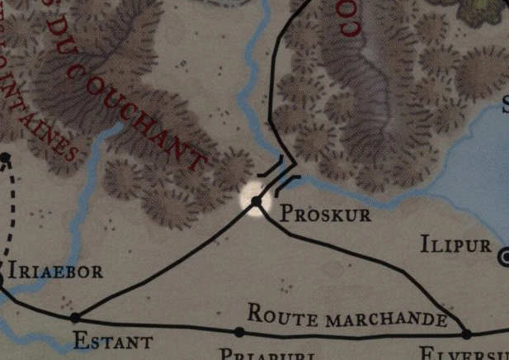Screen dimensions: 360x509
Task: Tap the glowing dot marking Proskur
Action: click(x=257, y=201)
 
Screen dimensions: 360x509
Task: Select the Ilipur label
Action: click(x=456, y=245)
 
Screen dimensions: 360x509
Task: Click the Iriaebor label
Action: click(x=55, y=272)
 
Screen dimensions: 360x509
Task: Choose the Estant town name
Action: click(x=112, y=341)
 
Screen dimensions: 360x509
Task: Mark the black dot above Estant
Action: click(x=75, y=317)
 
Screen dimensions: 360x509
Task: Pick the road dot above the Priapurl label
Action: click(x=239, y=332)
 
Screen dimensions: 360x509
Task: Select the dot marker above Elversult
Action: click(x=466, y=334)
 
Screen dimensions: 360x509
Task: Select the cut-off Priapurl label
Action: click(x=256, y=354)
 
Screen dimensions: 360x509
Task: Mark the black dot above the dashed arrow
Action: click(x=5, y=157)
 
